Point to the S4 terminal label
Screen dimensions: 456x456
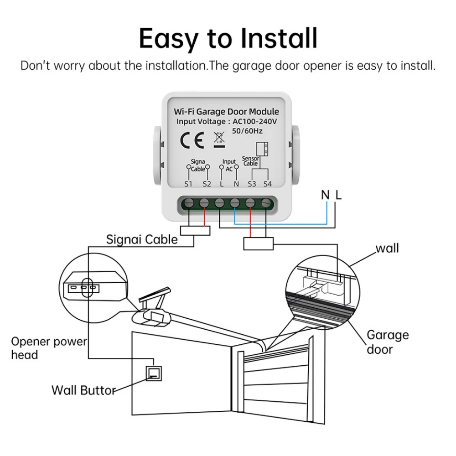(267, 184)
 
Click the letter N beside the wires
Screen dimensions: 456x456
(325, 196)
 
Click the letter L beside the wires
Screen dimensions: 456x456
(338, 196)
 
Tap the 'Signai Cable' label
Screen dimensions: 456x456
(142, 239)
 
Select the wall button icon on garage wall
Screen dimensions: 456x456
(153, 373)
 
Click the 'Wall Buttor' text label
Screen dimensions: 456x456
(83, 390)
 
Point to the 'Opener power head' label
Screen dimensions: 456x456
(49, 348)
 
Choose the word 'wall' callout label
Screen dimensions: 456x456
(387, 249)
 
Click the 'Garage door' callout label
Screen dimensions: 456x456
(388, 342)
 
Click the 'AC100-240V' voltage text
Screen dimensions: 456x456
(255, 122)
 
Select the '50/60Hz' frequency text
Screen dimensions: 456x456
(248, 131)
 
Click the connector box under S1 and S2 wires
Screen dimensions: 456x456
(196, 231)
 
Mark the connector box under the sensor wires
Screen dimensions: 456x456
(258, 244)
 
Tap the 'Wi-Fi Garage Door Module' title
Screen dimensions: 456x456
(227, 112)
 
